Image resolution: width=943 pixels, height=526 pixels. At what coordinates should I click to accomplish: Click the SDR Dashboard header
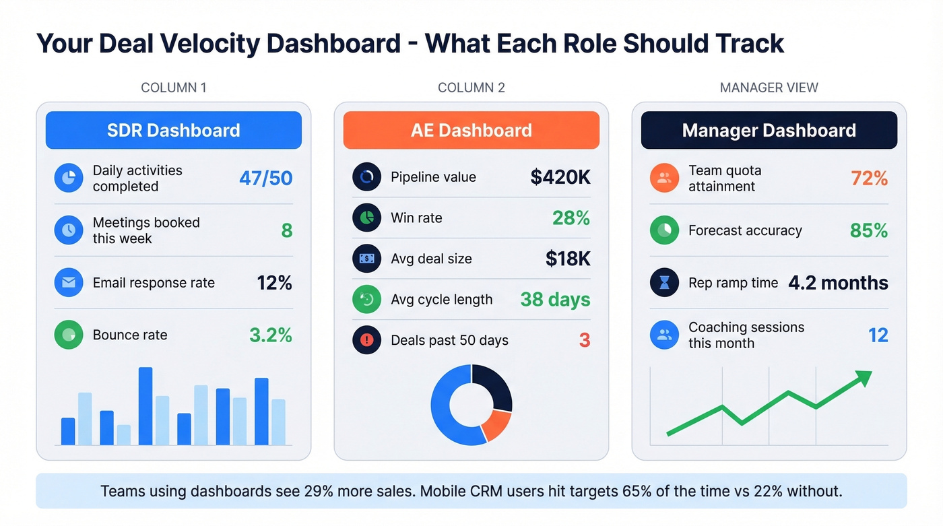click(173, 130)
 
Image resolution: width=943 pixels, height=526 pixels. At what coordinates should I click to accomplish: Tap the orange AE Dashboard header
click(471, 130)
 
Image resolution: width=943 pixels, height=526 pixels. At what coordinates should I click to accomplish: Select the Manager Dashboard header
click(769, 130)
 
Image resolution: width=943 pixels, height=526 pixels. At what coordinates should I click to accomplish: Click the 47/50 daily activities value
click(265, 178)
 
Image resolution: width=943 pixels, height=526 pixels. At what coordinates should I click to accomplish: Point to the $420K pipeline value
click(560, 177)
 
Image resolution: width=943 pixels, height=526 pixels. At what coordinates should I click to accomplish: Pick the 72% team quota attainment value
click(868, 178)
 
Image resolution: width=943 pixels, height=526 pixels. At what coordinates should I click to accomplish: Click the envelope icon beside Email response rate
click(68, 283)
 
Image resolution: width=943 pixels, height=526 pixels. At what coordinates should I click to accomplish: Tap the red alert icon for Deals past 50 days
click(366, 340)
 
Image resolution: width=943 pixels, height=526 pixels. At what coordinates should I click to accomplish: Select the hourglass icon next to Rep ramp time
click(664, 283)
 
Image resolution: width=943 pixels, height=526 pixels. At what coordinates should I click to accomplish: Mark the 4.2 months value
click(838, 283)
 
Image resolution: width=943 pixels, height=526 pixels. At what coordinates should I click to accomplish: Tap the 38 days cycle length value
click(555, 300)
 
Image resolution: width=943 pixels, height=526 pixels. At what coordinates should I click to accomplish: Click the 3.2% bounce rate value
click(271, 335)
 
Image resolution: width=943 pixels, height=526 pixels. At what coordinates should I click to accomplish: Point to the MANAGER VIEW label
click(769, 88)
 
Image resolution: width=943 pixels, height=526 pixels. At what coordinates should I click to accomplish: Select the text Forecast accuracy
click(745, 231)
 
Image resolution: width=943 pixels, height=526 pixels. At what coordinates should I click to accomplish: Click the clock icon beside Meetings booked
click(68, 230)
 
